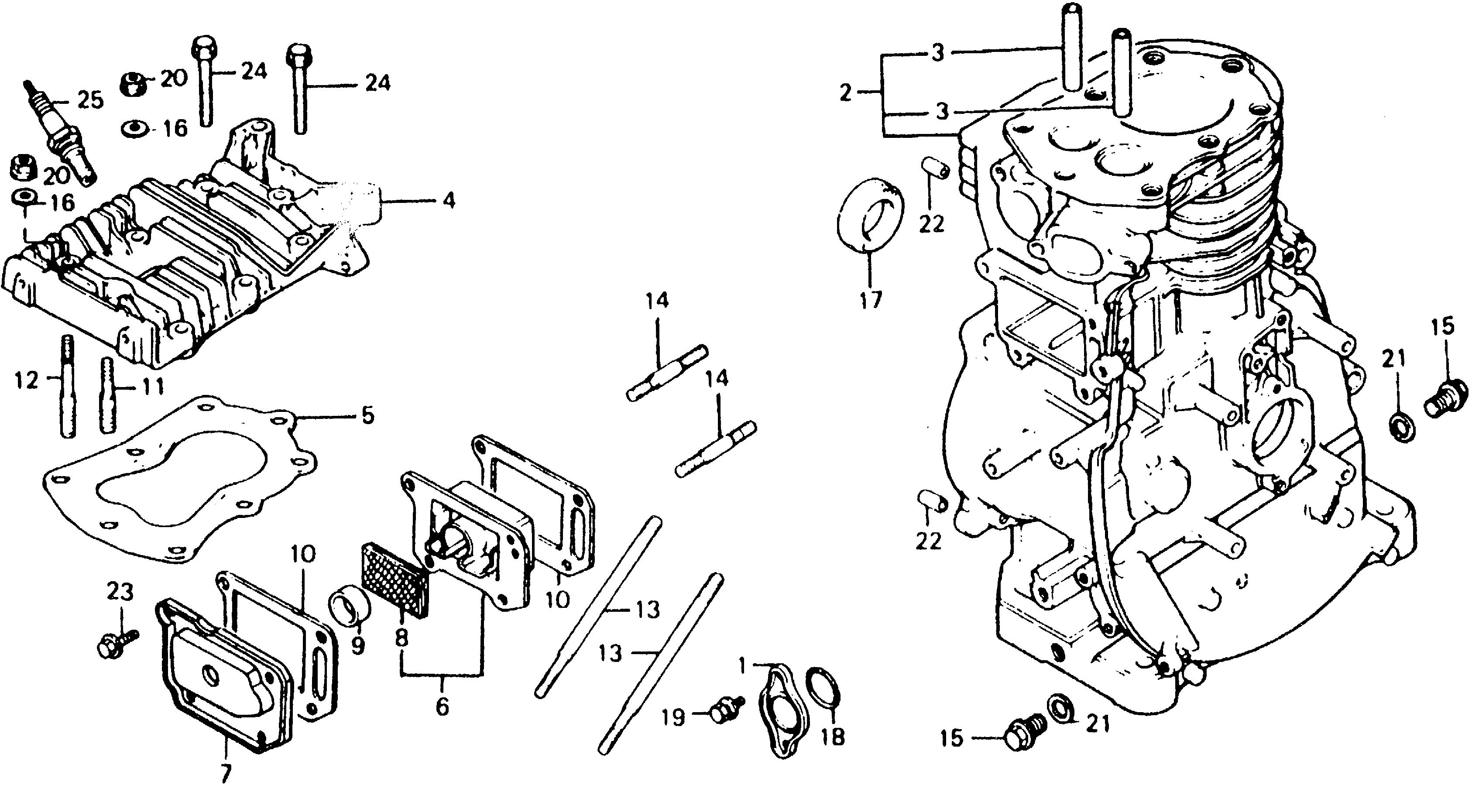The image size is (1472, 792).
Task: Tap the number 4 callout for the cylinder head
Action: click(449, 201)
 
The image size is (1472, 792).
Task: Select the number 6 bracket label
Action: click(442, 707)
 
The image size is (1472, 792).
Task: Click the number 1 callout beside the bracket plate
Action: click(742, 665)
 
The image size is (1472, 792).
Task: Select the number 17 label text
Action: click(871, 299)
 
